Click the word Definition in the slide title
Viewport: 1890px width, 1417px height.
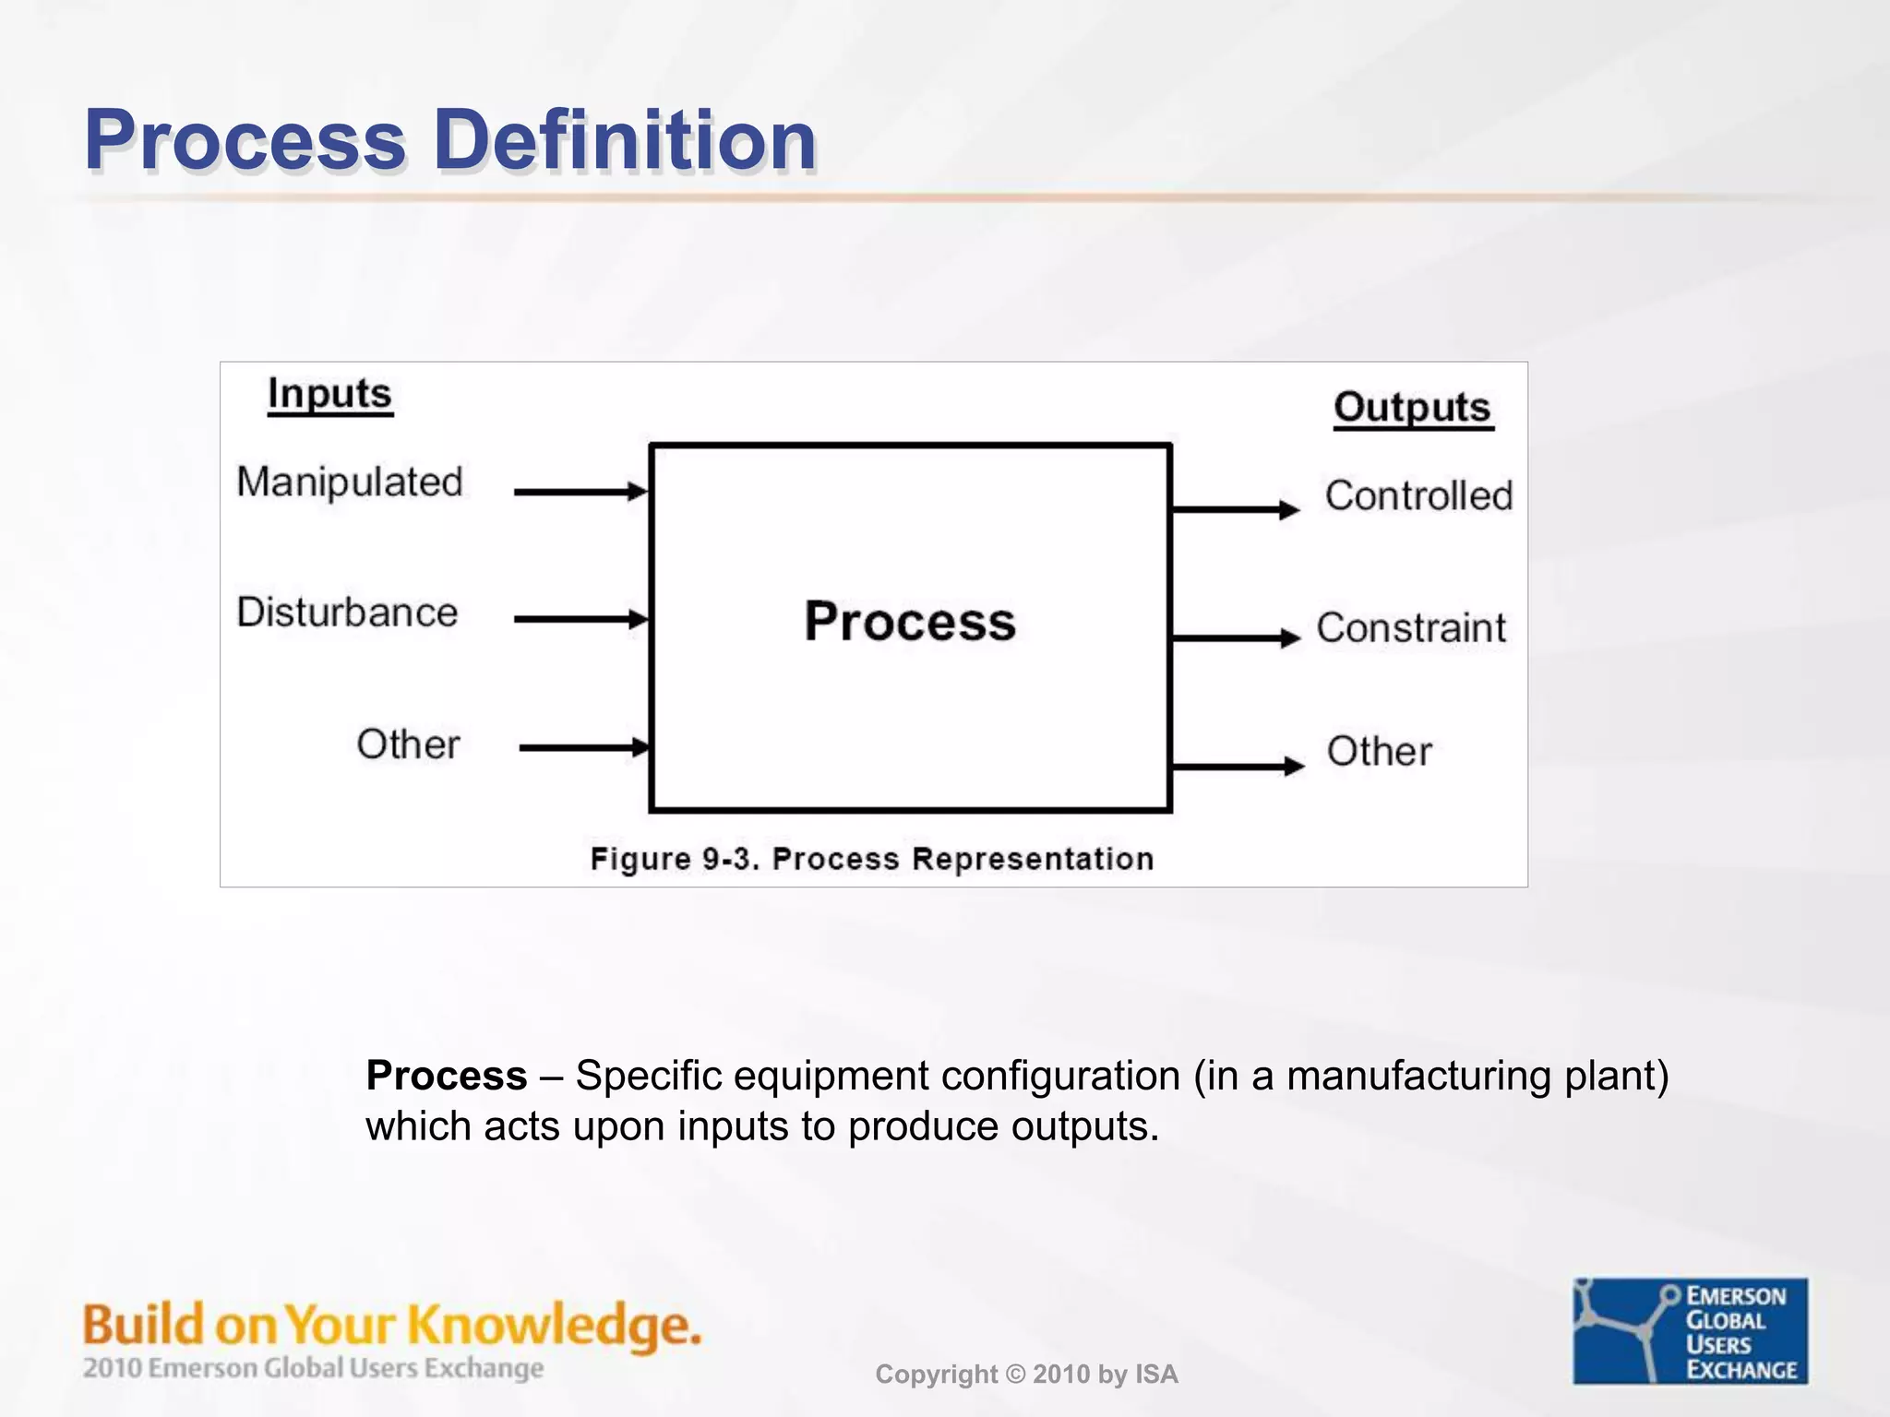click(625, 140)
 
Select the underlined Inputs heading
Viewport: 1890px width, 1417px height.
click(329, 395)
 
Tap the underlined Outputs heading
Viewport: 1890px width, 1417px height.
click(1412, 408)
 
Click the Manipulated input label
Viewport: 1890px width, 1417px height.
click(349, 482)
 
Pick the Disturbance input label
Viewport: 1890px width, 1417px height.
click(347, 613)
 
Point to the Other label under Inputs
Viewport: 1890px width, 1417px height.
click(408, 744)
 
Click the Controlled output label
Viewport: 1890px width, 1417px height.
click(1418, 496)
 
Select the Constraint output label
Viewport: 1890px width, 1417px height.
click(1410, 628)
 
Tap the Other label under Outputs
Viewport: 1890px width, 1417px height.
click(1379, 752)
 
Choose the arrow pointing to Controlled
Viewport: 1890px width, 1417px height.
click(1235, 509)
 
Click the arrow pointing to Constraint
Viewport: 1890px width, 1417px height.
click(1235, 637)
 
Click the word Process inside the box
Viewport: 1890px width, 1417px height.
click(909, 621)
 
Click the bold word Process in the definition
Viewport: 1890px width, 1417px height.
click(446, 1076)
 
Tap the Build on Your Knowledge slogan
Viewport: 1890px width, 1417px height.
click(392, 1325)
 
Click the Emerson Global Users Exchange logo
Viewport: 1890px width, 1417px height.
click(1690, 1330)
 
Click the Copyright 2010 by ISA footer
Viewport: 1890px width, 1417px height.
click(1026, 1375)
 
